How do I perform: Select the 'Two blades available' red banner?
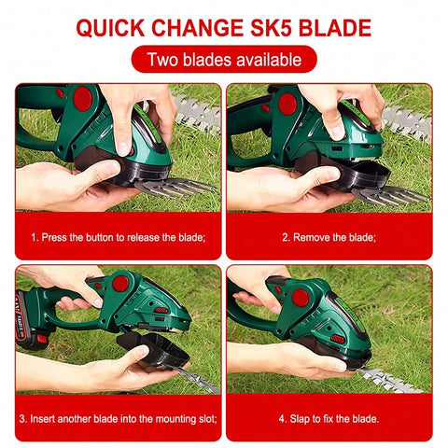(x=223, y=60)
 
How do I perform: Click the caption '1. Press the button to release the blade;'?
(x=118, y=237)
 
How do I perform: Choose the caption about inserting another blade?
(x=118, y=417)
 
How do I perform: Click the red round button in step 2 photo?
(x=287, y=104)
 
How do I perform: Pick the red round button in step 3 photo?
(x=119, y=283)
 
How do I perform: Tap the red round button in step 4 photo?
(x=300, y=298)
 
